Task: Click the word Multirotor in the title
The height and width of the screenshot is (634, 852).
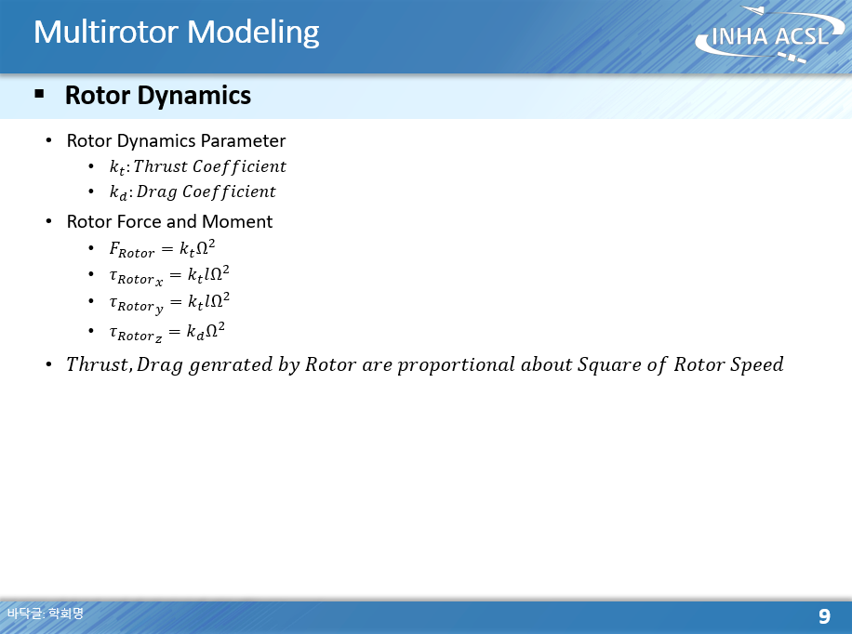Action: pyautogui.click(x=106, y=32)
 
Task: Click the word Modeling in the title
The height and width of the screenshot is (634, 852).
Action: pyautogui.click(x=253, y=33)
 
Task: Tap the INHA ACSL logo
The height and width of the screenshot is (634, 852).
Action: pyautogui.click(x=769, y=34)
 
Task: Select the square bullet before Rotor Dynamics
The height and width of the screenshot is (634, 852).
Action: pyautogui.click(x=39, y=94)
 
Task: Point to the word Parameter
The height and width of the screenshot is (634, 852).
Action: pyautogui.click(x=243, y=140)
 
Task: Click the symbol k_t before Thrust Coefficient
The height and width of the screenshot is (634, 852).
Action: pyautogui.click(x=117, y=166)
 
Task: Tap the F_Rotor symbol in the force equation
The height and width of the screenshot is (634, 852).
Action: pyautogui.click(x=132, y=250)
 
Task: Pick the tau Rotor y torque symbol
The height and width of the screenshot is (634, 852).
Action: pyautogui.click(x=136, y=304)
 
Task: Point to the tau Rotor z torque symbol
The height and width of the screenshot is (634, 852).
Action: pyautogui.click(x=135, y=333)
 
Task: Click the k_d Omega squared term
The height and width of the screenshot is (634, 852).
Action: pyautogui.click(x=206, y=330)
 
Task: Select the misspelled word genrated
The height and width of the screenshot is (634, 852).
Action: pyautogui.click(x=231, y=364)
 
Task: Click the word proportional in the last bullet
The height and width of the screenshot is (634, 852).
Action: pyautogui.click(x=456, y=365)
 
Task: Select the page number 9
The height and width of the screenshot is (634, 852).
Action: pyautogui.click(x=824, y=616)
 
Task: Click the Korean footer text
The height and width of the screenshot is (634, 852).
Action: pyautogui.click(x=46, y=614)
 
